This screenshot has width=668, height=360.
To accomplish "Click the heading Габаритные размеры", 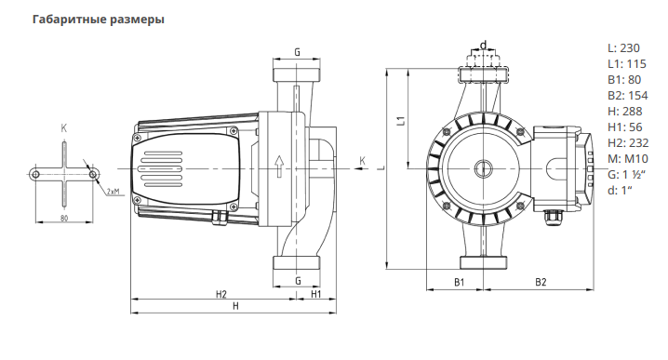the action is pyautogui.click(x=99, y=20).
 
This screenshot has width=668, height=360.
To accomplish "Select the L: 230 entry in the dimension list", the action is pyautogui.click(x=623, y=48).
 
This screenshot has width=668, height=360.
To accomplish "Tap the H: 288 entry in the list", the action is pyautogui.click(x=624, y=112).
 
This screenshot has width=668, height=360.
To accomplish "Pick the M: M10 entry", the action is pyautogui.click(x=628, y=159).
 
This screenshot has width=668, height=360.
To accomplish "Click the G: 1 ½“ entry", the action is pyautogui.click(x=627, y=175).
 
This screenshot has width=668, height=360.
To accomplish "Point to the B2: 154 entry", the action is pyautogui.click(x=627, y=96).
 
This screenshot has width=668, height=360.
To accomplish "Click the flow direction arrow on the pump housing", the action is pyautogui.click(x=279, y=167).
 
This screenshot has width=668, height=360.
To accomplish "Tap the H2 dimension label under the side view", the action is pyautogui.click(x=221, y=294).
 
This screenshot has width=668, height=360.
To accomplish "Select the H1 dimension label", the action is pyautogui.click(x=315, y=294).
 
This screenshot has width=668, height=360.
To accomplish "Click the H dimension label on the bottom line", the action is pyautogui.click(x=235, y=306).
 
